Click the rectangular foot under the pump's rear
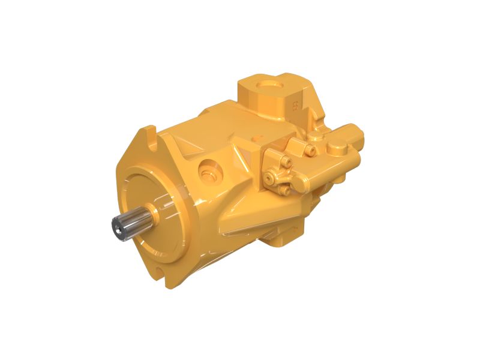[282, 237]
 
